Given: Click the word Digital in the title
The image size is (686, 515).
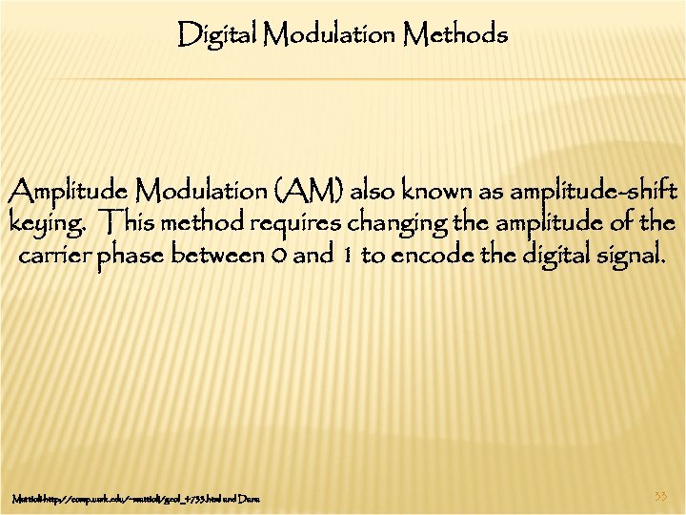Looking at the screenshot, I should point(218,36).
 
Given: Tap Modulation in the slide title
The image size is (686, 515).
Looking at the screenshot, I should point(329,36).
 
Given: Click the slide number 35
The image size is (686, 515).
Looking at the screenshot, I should point(661,497).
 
